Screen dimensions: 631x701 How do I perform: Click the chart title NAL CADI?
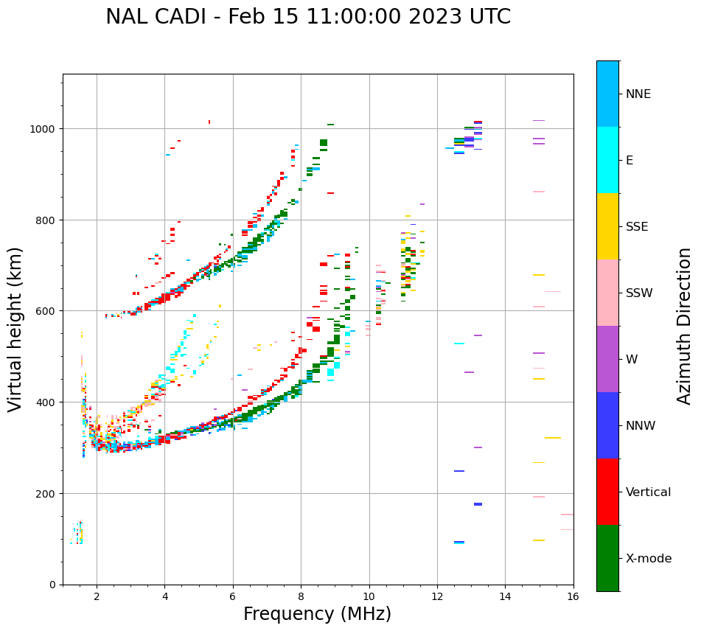pos(307,17)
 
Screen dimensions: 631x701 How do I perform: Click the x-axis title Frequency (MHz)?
pos(317,614)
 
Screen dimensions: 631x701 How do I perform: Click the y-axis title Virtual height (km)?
pos(15,329)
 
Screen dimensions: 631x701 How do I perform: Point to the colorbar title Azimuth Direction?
pos(685,326)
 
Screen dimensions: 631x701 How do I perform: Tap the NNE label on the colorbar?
pos(638,94)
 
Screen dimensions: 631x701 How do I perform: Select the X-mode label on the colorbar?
pos(649,559)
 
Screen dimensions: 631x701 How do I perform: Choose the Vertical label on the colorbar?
pos(649,492)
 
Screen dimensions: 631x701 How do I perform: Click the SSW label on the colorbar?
pos(639,293)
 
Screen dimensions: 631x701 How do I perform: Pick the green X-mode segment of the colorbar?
pos(607,558)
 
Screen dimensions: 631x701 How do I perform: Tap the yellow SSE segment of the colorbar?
pos(607,226)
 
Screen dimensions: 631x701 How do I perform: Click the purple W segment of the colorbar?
pos(607,359)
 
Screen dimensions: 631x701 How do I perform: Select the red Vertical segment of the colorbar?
pos(607,492)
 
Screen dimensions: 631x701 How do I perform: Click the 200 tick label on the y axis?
pos(49,493)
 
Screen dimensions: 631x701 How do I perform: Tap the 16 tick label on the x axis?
pos(573,597)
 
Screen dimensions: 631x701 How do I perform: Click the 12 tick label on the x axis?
pos(437,597)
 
